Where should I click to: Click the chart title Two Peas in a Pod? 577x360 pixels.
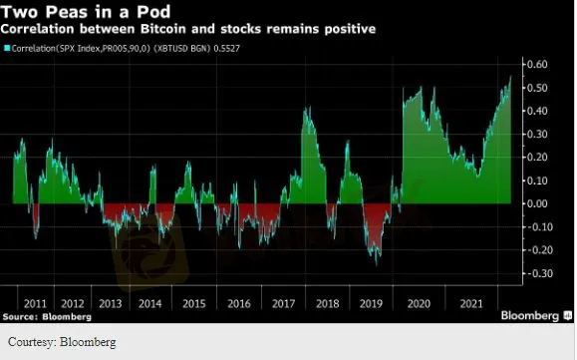pos(86,11)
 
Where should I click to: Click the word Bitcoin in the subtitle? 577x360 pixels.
pos(163,29)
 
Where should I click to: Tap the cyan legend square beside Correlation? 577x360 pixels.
pos(7,48)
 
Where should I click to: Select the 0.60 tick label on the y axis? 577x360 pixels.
pos(537,65)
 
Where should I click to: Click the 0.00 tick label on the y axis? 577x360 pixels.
pos(537,203)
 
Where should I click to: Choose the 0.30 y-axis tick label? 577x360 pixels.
pos(537,134)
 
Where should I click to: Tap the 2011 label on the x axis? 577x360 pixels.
pos(35,304)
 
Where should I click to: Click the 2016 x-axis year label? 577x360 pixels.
pos(239,304)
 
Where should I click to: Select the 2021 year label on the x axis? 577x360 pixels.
pos(471,304)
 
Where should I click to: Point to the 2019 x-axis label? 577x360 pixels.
pos(371,304)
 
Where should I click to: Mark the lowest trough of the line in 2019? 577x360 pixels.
pos(376,265)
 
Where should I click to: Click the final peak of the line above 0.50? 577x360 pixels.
pos(510,77)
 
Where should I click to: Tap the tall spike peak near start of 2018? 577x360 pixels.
pos(305,109)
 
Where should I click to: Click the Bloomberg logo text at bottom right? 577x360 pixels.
pos(530,315)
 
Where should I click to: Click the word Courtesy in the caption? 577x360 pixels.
pos(32,342)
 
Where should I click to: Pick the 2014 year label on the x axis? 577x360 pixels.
pos(149,304)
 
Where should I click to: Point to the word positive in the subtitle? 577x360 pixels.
pos(350,29)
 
